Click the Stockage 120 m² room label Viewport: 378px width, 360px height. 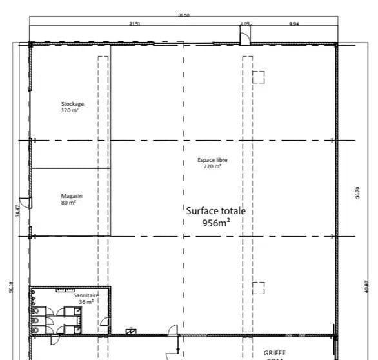click(x=72, y=106)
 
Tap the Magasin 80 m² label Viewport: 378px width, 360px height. click(x=69, y=199)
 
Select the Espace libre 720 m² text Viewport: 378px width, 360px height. click(x=212, y=163)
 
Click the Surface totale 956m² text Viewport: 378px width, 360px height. click(x=215, y=217)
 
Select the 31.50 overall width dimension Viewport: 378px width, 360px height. click(x=183, y=15)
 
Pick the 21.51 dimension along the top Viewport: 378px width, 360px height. click(x=134, y=24)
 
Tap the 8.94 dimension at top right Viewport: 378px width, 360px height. click(x=293, y=24)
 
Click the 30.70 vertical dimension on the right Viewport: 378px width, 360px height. click(x=357, y=193)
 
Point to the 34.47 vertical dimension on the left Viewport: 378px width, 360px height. click(x=18, y=210)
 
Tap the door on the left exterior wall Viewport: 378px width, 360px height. click(x=24, y=202)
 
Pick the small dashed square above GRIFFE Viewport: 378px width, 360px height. click(x=258, y=288)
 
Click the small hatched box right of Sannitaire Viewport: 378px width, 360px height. click(x=131, y=332)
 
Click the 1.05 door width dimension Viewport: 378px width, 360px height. click(x=245, y=24)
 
